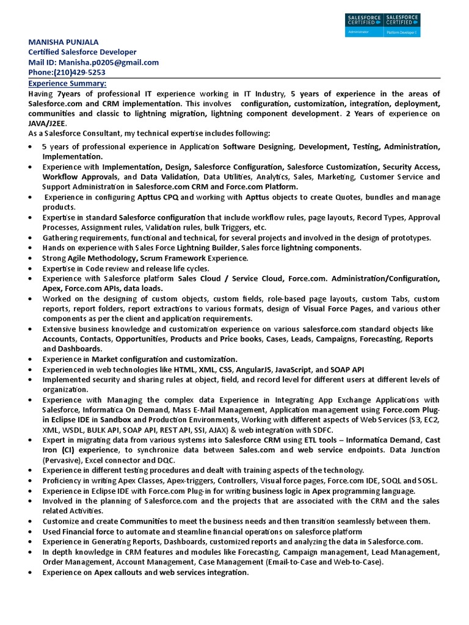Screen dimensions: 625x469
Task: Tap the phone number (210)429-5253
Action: pos(79,73)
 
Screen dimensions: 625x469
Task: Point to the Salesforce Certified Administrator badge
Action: pos(363,24)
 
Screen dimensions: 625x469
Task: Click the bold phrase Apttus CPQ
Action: pos(157,198)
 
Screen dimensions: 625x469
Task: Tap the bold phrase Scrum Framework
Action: pos(172,258)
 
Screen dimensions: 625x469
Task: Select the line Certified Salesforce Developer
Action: pos(82,52)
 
